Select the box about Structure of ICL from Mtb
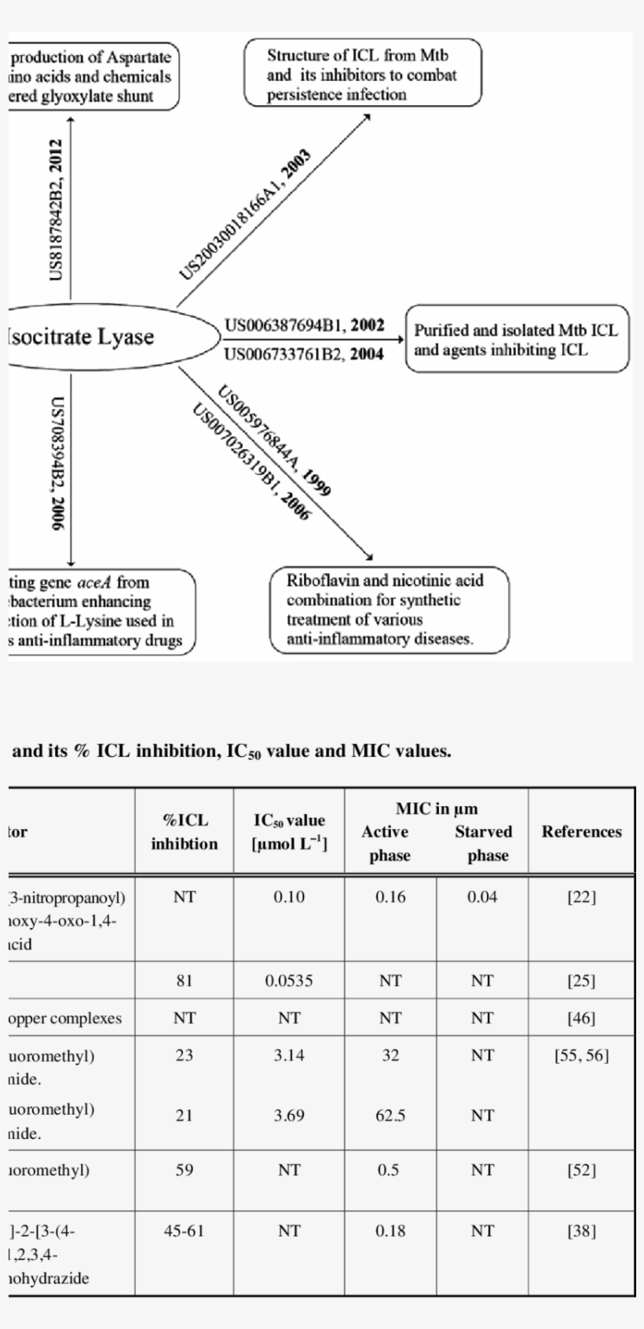(362, 75)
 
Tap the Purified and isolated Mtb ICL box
(516, 340)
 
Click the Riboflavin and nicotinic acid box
(388, 610)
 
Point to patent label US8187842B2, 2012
(57, 210)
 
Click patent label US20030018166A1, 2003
(246, 214)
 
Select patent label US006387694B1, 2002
(304, 326)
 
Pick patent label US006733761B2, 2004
(304, 354)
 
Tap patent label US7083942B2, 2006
(57, 463)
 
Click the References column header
(581, 831)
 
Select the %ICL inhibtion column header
(184, 832)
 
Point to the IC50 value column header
(289, 832)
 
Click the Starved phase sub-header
(483, 843)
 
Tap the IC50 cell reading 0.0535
(289, 980)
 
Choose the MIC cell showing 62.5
(390, 1115)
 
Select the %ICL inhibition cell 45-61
(184, 1231)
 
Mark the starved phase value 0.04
(482, 897)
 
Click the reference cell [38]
(581, 1231)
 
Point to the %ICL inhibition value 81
(184, 980)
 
